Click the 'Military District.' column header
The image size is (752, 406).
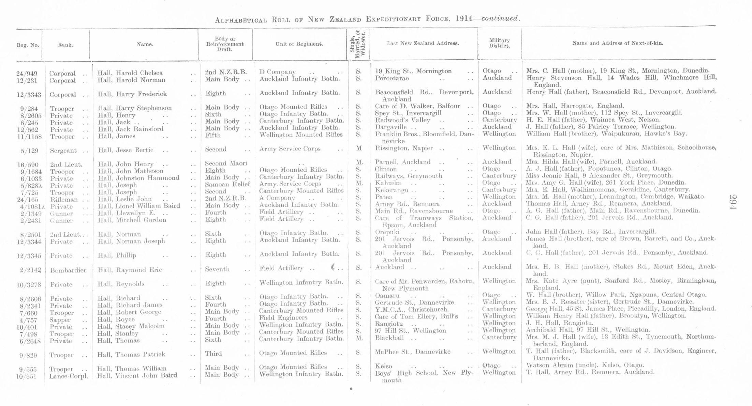pos(499,43)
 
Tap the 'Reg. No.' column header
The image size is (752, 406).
pos(28,45)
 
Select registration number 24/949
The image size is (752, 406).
pos(27,73)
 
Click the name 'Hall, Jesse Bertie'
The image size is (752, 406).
pos(126,150)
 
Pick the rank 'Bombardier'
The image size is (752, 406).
pos(68,270)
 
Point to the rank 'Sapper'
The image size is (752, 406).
pos(60,319)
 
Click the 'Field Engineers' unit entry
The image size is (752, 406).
pos(283,317)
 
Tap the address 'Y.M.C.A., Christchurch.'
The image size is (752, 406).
pos(412,310)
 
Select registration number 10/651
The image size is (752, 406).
pos(27,376)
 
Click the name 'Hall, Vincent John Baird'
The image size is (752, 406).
pos(137,376)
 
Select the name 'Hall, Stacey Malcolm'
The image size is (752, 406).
pos(131,326)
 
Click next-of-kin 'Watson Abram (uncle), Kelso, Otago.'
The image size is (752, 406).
pos(585,365)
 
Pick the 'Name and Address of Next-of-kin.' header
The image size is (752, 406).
pos(618,43)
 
